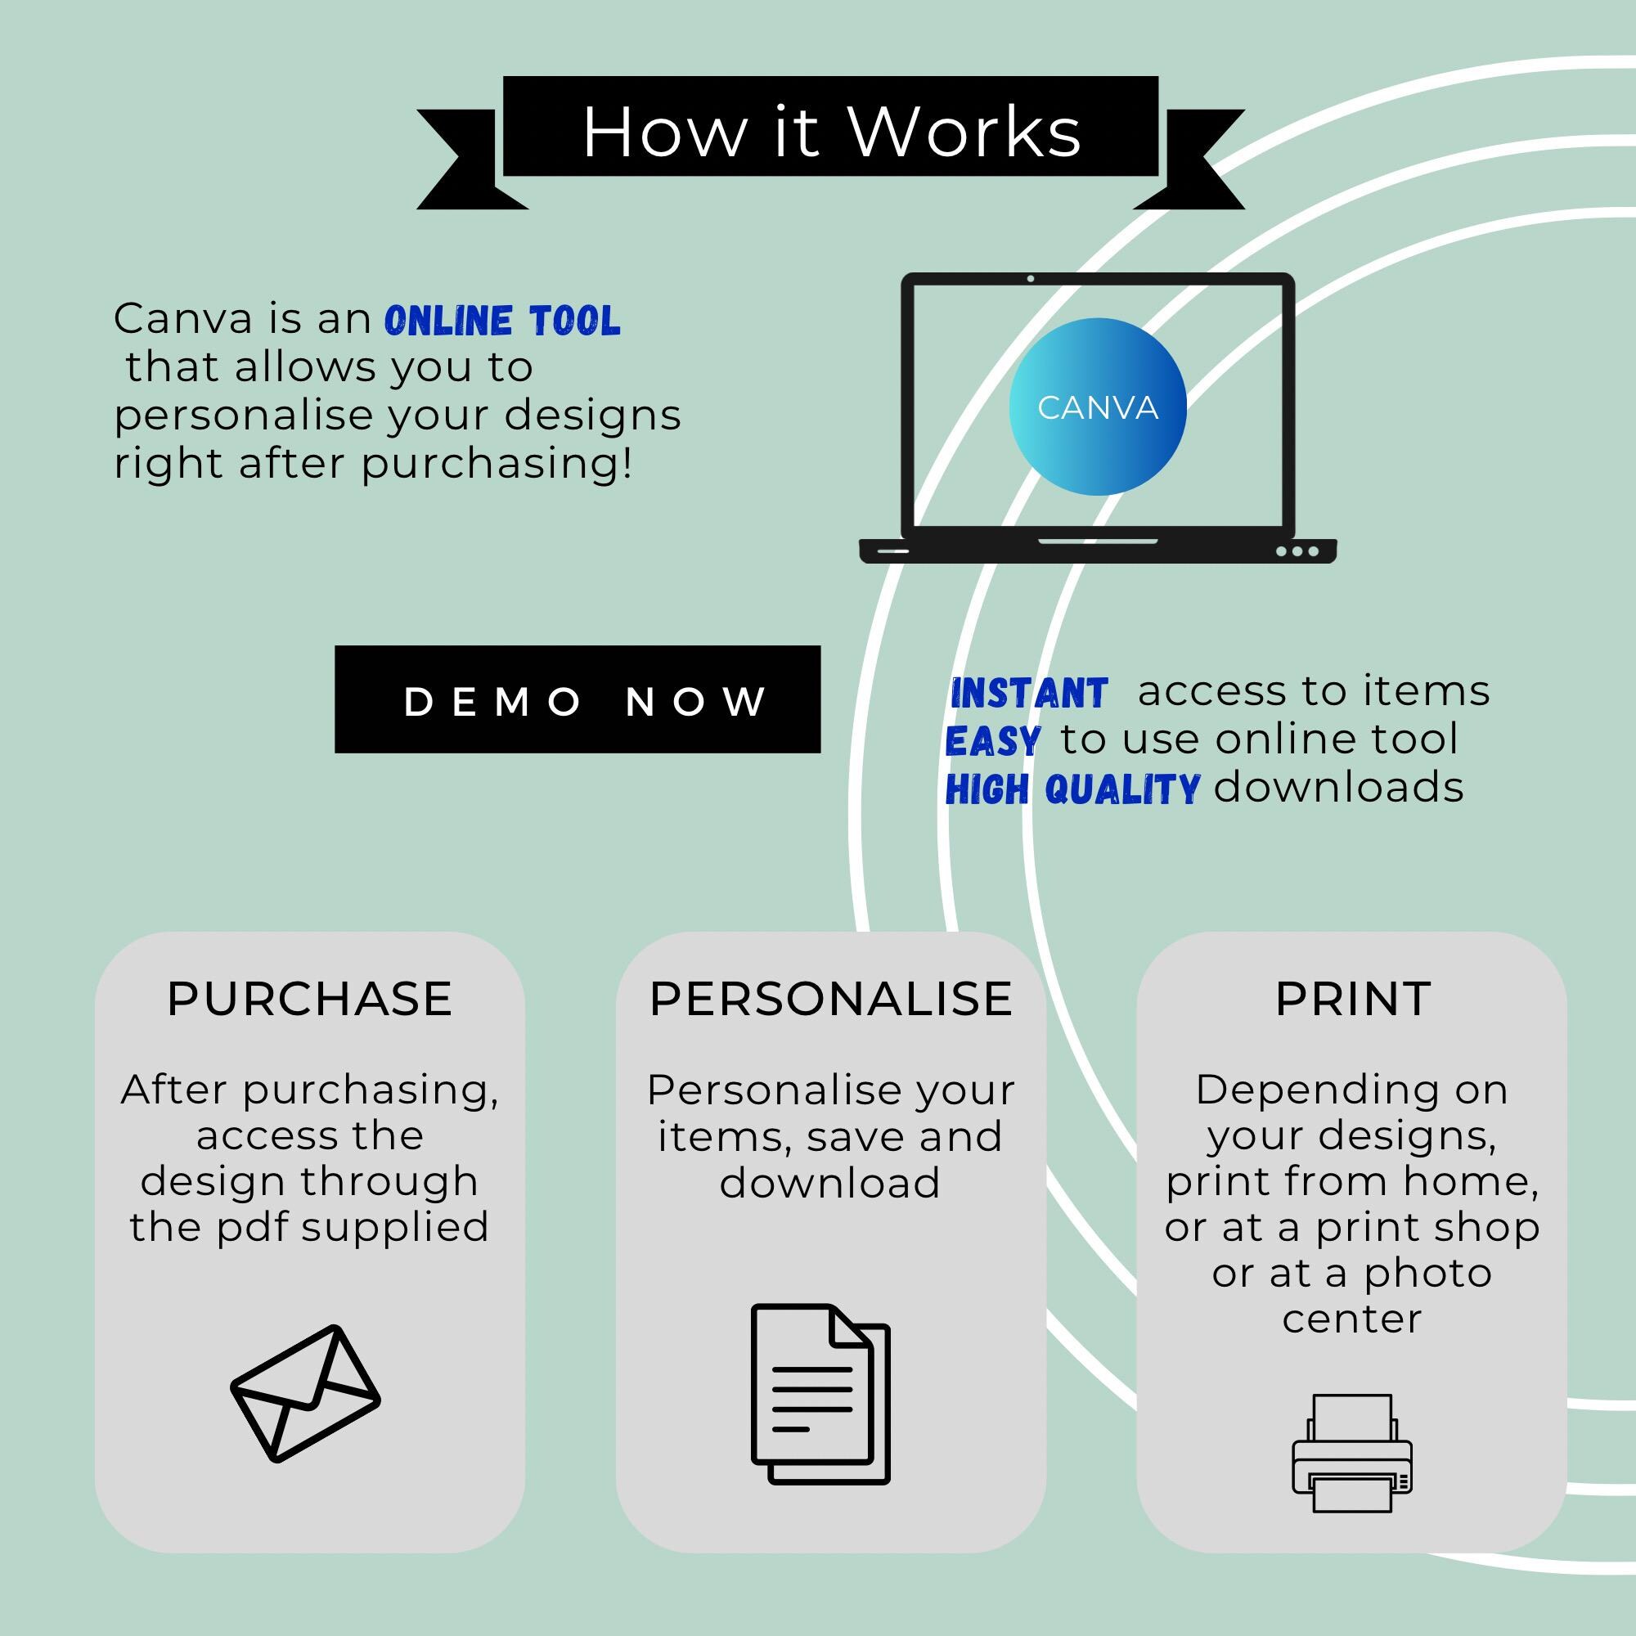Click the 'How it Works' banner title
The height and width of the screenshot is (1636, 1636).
coord(832,132)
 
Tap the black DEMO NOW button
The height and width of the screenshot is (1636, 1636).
coord(578,699)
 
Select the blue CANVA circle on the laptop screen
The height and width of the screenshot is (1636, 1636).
coord(1098,407)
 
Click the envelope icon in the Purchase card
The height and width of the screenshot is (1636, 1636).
coord(306,1394)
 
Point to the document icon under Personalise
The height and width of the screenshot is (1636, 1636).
coord(820,1394)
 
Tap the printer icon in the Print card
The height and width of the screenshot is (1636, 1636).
coord(1351,1453)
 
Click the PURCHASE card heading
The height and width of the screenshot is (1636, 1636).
coord(309,1000)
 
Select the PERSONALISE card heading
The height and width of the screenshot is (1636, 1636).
coord(831,1000)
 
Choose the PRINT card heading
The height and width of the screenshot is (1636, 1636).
coord(1352,1000)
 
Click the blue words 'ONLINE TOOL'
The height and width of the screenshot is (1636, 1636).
coord(503,321)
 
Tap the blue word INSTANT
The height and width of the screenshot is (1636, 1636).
coord(1029,694)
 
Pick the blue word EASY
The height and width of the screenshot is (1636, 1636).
coord(993,741)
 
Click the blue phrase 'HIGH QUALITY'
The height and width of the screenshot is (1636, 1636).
coord(1072,789)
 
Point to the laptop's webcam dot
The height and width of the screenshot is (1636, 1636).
coord(1031,279)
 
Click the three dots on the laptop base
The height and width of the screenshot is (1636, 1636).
coord(1297,551)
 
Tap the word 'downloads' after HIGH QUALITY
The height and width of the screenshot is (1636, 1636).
coord(1339,788)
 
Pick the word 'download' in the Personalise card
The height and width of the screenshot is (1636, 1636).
coord(829,1182)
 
